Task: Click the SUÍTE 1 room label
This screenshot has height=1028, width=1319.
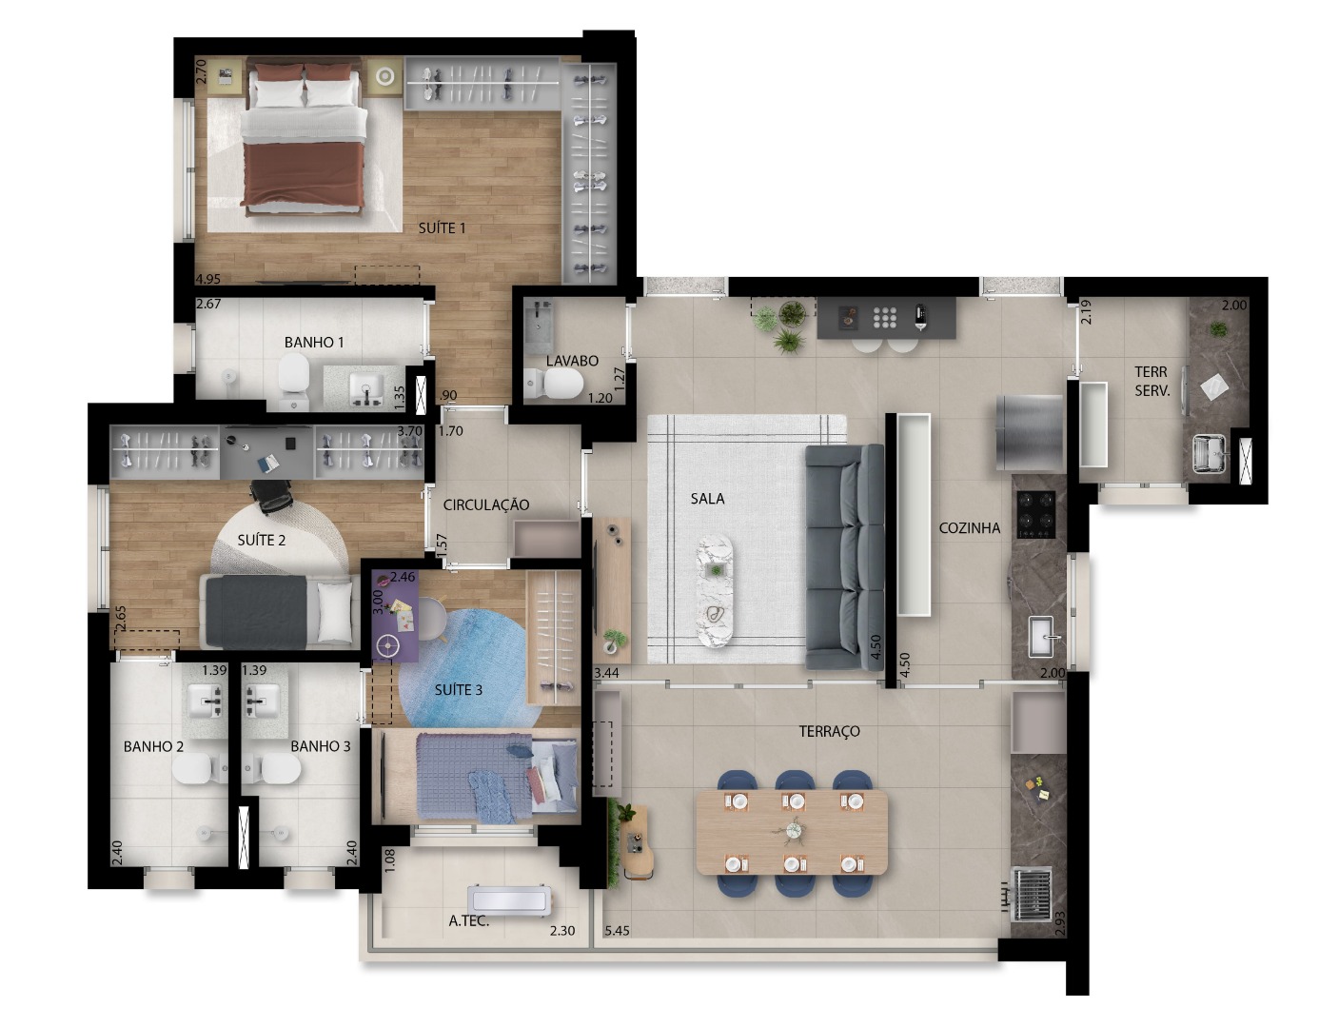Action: click(x=443, y=228)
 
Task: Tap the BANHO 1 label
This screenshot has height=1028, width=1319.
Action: click(x=314, y=342)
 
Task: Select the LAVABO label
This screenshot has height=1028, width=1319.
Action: click(x=572, y=361)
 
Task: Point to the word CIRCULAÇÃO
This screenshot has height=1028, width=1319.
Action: click(x=485, y=505)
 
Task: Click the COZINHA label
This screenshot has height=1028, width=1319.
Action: click(x=970, y=527)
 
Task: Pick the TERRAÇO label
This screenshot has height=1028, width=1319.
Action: click(x=829, y=731)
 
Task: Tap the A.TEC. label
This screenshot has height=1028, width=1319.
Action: click(x=468, y=920)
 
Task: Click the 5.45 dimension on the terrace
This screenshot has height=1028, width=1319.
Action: click(x=619, y=931)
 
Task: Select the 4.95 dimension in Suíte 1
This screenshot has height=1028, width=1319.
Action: click(x=208, y=279)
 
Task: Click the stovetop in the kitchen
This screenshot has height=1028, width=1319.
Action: click(x=1036, y=514)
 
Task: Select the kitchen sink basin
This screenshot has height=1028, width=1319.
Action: click(x=1043, y=635)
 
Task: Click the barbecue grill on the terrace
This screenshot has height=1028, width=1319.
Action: click(x=1033, y=893)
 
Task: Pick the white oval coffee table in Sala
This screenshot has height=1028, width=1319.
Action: click(x=716, y=590)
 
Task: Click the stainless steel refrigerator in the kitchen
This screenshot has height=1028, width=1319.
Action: click(x=1029, y=432)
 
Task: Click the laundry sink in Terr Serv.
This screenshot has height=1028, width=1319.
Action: click(x=1210, y=453)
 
